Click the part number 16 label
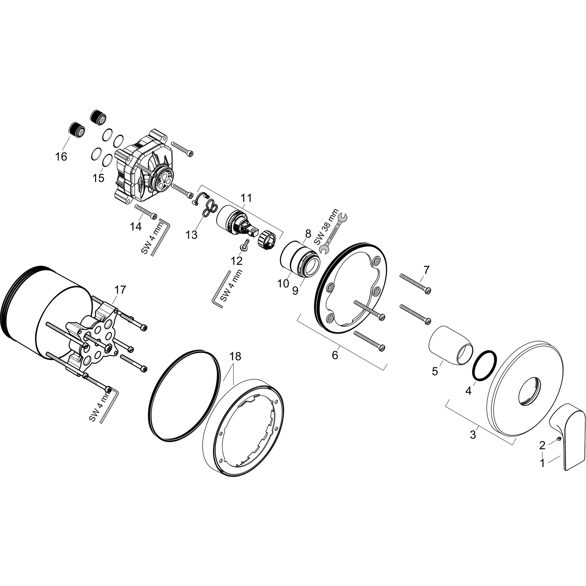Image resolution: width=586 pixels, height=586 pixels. pos(61,157)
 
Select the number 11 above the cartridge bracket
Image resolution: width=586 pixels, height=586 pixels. pos(246,198)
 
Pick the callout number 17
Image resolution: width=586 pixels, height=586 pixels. pos(120,290)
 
